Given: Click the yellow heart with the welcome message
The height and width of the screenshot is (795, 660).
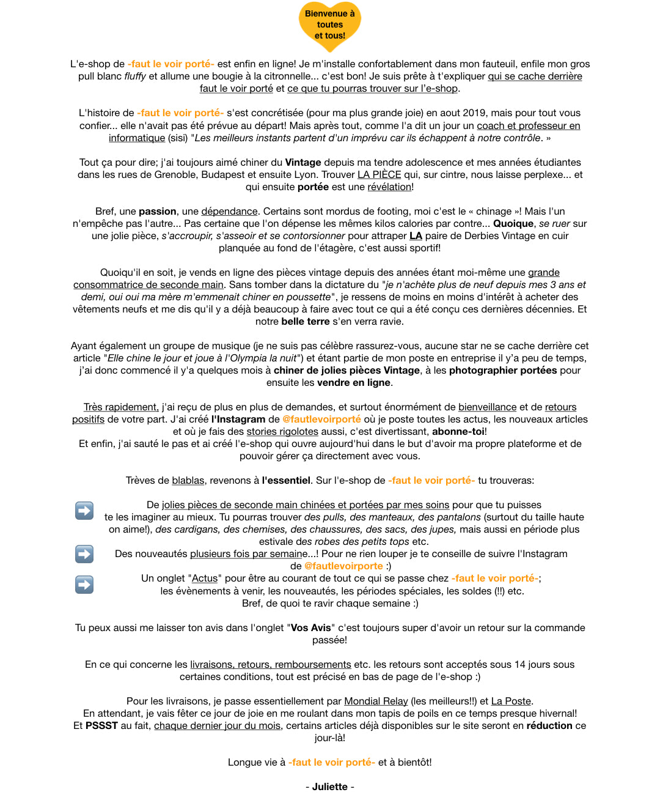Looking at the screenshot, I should (x=330, y=25).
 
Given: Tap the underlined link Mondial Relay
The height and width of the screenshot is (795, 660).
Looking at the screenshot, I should (x=376, y=701).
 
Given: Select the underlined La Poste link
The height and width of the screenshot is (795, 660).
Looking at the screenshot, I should (x=511, y=701).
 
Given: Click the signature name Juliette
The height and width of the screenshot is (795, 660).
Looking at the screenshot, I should (x=329, y=786).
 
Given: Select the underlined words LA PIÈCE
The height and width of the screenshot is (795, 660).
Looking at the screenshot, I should (x=379, y=174).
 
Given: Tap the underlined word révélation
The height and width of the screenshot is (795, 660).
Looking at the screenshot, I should (x=389, y=187).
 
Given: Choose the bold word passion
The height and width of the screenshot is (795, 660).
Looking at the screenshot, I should (x=158, y=211).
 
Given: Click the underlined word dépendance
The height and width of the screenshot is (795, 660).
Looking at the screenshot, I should (x=229, y=211).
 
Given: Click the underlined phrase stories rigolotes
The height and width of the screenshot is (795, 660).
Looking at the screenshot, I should (x=282, y=431).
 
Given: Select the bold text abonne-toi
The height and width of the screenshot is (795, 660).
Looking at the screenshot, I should (x=458, y=431).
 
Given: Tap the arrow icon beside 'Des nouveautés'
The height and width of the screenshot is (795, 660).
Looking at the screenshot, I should (x=84, y=554).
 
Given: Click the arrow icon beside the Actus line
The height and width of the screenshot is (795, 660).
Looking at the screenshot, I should (x=84, y=585).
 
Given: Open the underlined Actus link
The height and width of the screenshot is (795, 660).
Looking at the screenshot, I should (x=205, y=578).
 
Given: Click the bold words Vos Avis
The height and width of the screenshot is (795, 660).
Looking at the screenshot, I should (x=311, y=627).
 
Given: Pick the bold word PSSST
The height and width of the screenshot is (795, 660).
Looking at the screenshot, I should (x=101, y=725).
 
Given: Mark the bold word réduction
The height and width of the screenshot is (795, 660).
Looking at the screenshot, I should (x=549, y=725).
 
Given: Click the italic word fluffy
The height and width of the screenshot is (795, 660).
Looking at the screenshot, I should (x=135, y=76).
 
